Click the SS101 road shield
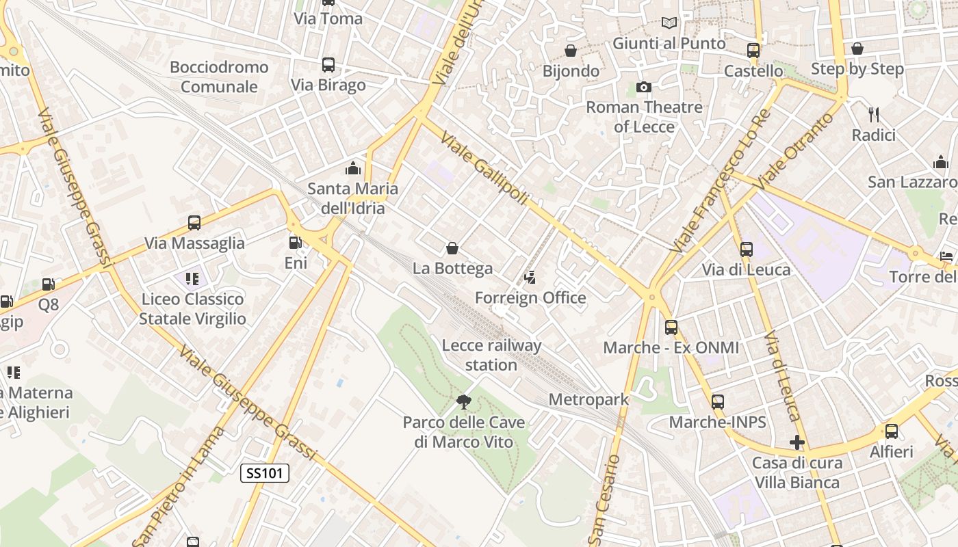coord(265,472)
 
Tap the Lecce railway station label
coord(491,355)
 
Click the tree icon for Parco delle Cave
coord(463,401)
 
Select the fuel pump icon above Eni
coord(295,242)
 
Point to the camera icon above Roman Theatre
coord(643,87)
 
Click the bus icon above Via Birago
coord(328,65)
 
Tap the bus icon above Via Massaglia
coord(194,223)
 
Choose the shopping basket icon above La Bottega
coord(452,248)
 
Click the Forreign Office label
coord(530,297)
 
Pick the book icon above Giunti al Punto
coord(669,23)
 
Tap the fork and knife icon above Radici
coord(873,114)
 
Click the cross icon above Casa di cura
coord(797,442)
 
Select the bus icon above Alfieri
coord(891,431)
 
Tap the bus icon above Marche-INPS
coord(717,402)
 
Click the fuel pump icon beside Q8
coord(49,284)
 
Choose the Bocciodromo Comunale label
coord(219,77)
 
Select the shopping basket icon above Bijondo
coord(570,51)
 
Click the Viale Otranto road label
coord(797,151)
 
